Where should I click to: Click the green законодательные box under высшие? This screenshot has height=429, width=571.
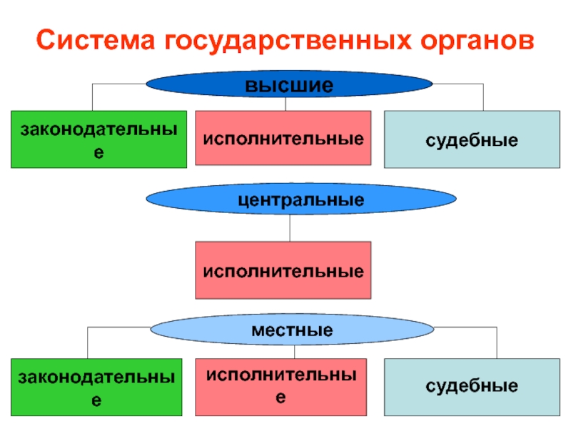click(98, 139)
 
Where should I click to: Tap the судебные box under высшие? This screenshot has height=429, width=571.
click(472, 139)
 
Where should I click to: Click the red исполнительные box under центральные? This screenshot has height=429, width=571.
click(283, 270)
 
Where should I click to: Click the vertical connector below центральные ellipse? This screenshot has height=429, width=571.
click(289, 227)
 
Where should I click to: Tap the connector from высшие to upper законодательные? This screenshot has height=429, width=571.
click(92, 96)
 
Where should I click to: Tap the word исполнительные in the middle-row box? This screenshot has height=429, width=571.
click(283, 271)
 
